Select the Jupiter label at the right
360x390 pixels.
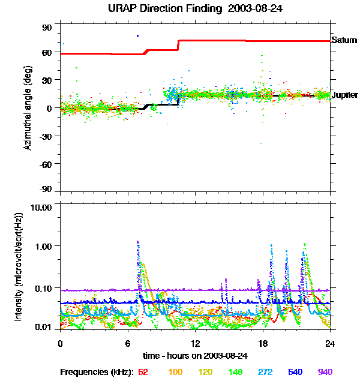(x=345, y=95)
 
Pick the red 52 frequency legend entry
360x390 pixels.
(x=143, y=372)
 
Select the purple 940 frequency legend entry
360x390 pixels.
(x=325, y=372)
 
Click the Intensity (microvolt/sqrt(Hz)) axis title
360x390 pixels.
(x=19, y=266)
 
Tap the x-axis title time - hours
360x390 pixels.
(x=195, y=355)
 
